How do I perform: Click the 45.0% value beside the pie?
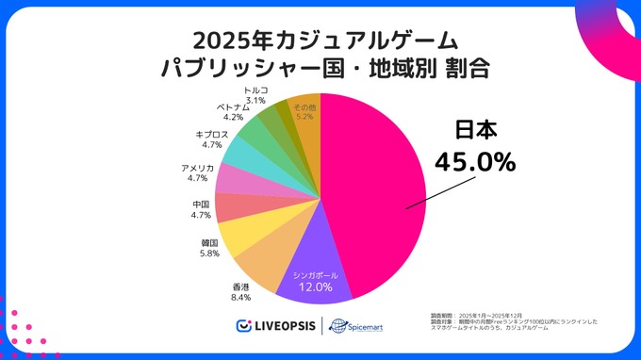pyautogui.click(x=474, y=161)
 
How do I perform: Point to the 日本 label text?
pyautogui.click(x=475, y=130)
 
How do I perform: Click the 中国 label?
pyautogui.click(x=200, y=204)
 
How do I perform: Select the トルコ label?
pyautogui.click(x=255, y=89)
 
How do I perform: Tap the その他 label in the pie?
pyautogui.click(x=304, y=108)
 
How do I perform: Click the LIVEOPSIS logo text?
pyautogui.click(x=283, y=326)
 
